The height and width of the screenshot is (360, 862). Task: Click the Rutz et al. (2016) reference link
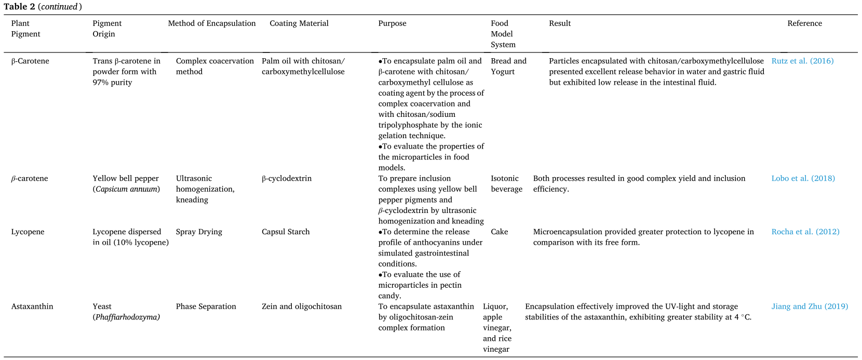coord(802,61)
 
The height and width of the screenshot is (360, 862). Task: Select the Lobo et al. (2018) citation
coord(803,179)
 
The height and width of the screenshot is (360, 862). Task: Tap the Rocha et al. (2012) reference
coord(805,232)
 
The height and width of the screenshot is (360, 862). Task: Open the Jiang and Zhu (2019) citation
coord(809,307)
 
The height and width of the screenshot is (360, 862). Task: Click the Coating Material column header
coord(299,23)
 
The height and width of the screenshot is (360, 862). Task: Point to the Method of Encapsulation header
coord(212,23)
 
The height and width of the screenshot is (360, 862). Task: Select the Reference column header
coord(804,23)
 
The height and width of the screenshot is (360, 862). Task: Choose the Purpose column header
coord(392,23)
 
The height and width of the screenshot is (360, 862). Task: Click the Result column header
coord(559,23)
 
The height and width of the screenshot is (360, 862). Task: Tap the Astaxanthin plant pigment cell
coord(32,307)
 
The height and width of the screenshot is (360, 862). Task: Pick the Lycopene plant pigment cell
coord(28,232)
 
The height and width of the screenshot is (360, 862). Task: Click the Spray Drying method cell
coord(199,232)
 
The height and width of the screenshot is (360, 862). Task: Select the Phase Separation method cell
coord(206,307)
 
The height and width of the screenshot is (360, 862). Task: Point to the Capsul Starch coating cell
coord(286,232)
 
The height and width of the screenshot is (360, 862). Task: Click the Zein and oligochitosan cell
coord(302,307)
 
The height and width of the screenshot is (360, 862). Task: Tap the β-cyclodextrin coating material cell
coord(287,179)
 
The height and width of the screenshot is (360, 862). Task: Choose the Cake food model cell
coord(499,232)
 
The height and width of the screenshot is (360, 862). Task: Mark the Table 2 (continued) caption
coord(43,7)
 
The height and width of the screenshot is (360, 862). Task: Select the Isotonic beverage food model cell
coord(506,184)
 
